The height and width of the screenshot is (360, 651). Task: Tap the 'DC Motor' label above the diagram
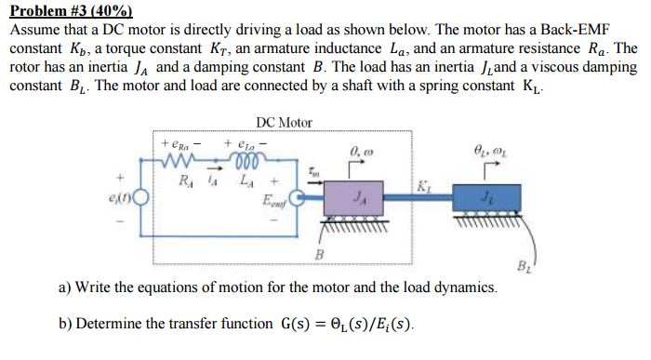(x=283, y=123)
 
